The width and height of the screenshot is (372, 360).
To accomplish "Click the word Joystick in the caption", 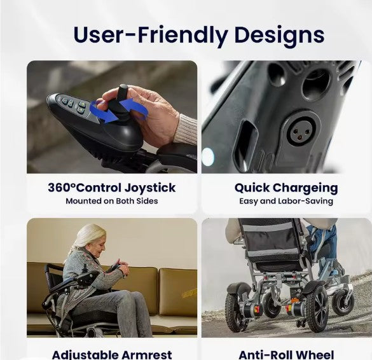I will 150,188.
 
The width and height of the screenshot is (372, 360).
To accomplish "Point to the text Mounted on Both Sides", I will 111,201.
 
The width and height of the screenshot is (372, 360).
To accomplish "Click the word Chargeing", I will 307,188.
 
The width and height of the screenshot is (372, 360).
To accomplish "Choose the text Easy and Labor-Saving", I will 286,201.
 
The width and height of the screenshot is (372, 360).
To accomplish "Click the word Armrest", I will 150,354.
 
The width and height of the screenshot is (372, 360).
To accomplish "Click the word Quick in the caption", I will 252,188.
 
